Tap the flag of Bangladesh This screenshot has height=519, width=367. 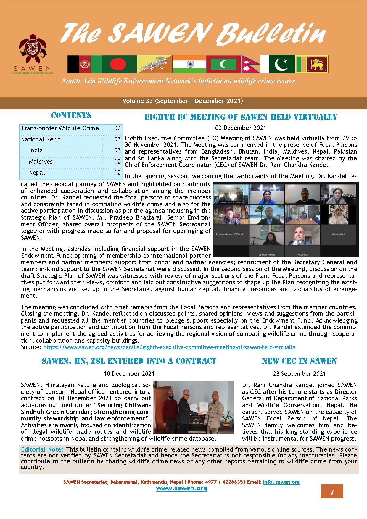pyautogui.click(x=119, y=64)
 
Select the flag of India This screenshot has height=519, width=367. pyautogui.click(x=189, y=64)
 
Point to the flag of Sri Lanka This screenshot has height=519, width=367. pyautogui.click(x=317, y=64)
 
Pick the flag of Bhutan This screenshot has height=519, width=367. pyautogui.click(x=154, y=64)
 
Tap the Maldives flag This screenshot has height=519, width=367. pyautogui.click(x=223, y=64)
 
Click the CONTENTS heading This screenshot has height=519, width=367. pyautogui.click(x=71, y=115)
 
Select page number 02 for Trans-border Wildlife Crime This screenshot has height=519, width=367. pyautogui.click(x=117, y=128)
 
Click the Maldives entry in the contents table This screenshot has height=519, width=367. pyautogui.click(x=41, y=162)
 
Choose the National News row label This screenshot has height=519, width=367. pyautogui.click(x=41, y=139)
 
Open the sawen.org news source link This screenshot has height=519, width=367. pyautogui.click(x=169, y=347)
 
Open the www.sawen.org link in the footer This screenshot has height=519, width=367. pyautogui.click(x=181, y=488)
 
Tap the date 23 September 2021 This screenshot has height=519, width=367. pyautogui.click(x=299, y=374)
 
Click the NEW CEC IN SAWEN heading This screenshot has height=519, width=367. pyautogui.click(x=299, y=361)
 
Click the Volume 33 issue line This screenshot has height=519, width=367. pyautogui.click(x=183, y=101)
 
